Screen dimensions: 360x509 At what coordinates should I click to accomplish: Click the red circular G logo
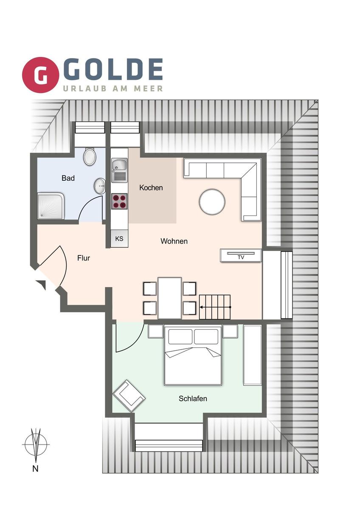pyautogui.click(x=40, y=75)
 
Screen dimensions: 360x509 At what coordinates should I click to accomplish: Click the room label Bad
pyautogui.click(x=68, y=178)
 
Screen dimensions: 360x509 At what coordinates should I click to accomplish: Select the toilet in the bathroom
pyautogui.click(x=90, y=157)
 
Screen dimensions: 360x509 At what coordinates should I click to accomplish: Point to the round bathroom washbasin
pyautogui.click(x=100, y=186)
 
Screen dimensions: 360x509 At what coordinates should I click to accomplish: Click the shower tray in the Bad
pyautogui.click(x=51, y=206)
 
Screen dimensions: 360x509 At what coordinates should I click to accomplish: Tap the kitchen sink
pyautogui.click(x=119, y=170)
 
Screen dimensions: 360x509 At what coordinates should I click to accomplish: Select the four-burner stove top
pyautogui.click(x=119, y=201)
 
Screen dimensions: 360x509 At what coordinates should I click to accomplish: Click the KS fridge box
pyautogui.click(x=119, y=238)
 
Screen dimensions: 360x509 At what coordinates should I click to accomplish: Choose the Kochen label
pyautogui.click(x=151, y=187)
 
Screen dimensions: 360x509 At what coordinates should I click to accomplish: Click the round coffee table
pyautogui.click(x=212, y=202)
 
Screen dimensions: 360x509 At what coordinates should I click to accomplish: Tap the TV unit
pyautogui.click(x=241, y=256)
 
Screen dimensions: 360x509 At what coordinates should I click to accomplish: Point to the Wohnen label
pyautogui.click(x=174, y=241)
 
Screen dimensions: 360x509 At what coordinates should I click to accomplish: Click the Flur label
pyautogui.click(x=84, y=258)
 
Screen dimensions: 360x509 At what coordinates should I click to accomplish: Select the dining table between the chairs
pyautogui.click(x=170, y=298)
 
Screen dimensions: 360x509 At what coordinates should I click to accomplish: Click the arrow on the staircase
pyautogui.click(x=215, y=307)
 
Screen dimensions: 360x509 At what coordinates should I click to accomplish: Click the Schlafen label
pyautogui.click(x=193, y=398)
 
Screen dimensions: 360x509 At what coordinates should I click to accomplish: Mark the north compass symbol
pyautogui.click(x=36, y=444)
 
